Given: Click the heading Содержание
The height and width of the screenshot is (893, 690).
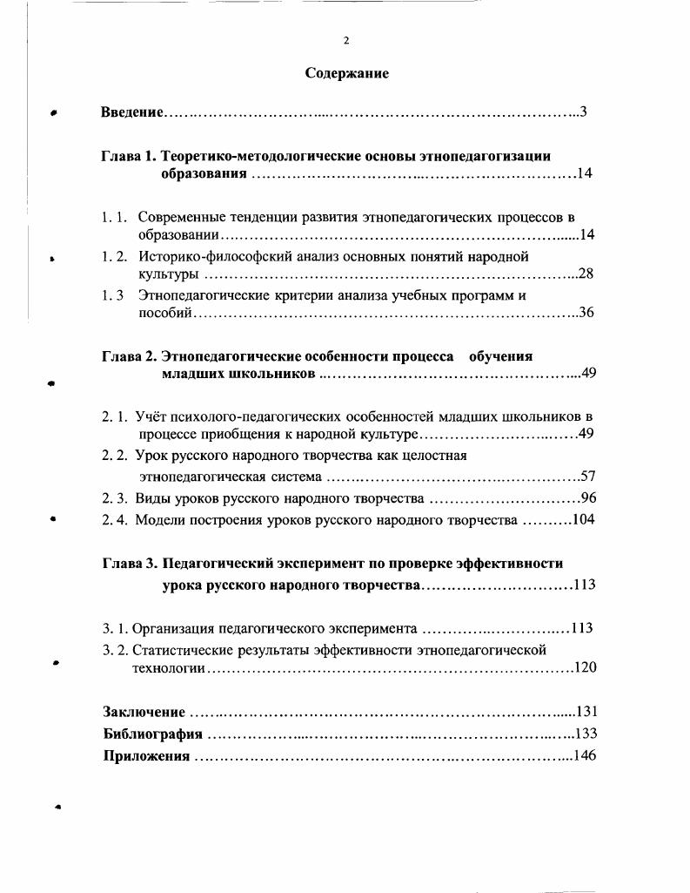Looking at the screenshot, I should [346, 73].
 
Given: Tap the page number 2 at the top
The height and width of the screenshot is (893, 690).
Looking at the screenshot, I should [346, 40].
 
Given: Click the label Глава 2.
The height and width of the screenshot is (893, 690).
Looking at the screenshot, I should [128, 356].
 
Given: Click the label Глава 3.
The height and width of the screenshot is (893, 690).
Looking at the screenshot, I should [128, 564].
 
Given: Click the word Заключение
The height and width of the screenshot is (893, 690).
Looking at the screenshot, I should [143, 712].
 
